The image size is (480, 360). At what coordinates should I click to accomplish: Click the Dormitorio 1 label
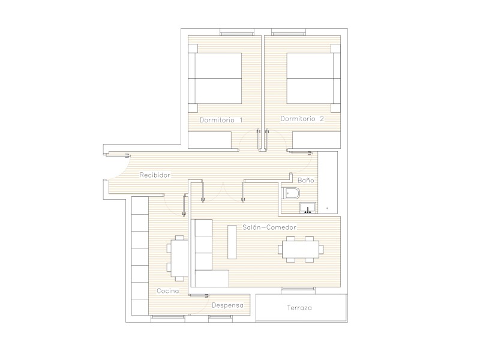pyautogui.click(x=221, y=120)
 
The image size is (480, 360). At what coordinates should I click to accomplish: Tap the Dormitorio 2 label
pyautogui.click(x=302, y=119)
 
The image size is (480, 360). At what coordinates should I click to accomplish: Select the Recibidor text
pyautogui.click(x=155, y=175)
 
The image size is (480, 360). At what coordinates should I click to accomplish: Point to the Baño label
pyautogui.click(x=306, y=181)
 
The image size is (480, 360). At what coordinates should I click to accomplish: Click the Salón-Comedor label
pyautogui.click(x=269, y=227)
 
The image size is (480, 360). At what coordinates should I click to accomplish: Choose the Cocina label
pyautogui.click(x=168, y=291)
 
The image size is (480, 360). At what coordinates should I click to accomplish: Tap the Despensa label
pyautogui.click(x=228, y=305)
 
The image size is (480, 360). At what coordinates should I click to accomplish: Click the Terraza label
pyautogui.click(x=299, y=308)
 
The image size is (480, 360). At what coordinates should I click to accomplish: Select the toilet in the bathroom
pyautogui.click(x=290, y=193)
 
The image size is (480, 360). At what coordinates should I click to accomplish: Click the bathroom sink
pyautogui.click(x=308, y=208)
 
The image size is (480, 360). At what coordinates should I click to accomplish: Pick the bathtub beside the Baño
pyautogui.click(x=328, y=182)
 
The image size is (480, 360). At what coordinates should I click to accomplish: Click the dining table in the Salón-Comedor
pyautogui.click(x=301, y=249)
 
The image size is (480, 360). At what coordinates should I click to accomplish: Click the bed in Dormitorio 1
pyautogui.click(x=215, y=79)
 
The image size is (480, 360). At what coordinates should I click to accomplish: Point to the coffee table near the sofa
pyautogui.click(x=232, y=242)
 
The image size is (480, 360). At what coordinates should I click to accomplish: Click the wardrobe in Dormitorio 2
pyautogui.click(x=317, y=140)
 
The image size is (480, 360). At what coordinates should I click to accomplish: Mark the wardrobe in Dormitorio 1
pyautogui.click(x=209, y=140)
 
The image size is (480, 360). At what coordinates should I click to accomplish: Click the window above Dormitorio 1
pyautogui.click(x=237, y=32)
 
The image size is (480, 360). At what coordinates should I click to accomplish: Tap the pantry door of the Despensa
pyautogui.click(x=199, y=295)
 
